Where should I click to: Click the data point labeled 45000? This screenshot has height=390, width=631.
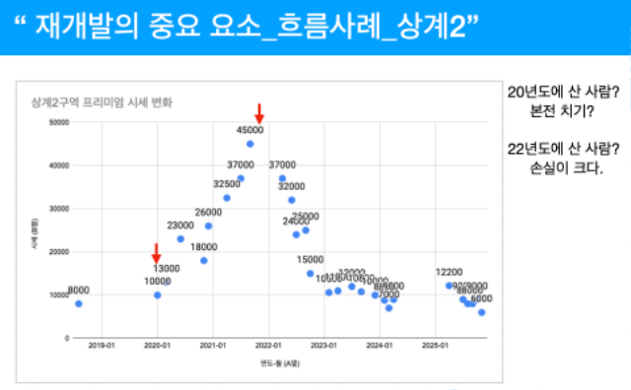pos(250,143)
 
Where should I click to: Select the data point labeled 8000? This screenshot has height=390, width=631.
pos(79,303)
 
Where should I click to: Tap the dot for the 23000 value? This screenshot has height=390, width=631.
pos(180,238)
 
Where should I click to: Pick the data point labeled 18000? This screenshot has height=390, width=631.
pos(204,260)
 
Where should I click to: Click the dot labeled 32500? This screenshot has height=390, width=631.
pos(227,197)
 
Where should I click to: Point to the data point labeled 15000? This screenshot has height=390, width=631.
pos(310,273)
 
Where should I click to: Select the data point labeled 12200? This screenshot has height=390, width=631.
pos(449,285)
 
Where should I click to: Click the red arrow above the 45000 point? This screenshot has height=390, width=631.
pos(258,113)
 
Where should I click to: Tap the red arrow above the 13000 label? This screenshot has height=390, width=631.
pos(156,253)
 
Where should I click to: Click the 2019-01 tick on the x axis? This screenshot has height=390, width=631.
pos(102,346)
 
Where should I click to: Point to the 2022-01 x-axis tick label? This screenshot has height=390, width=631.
pos(269,346)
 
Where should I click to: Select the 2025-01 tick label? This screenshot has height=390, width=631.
pos(437,346)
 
